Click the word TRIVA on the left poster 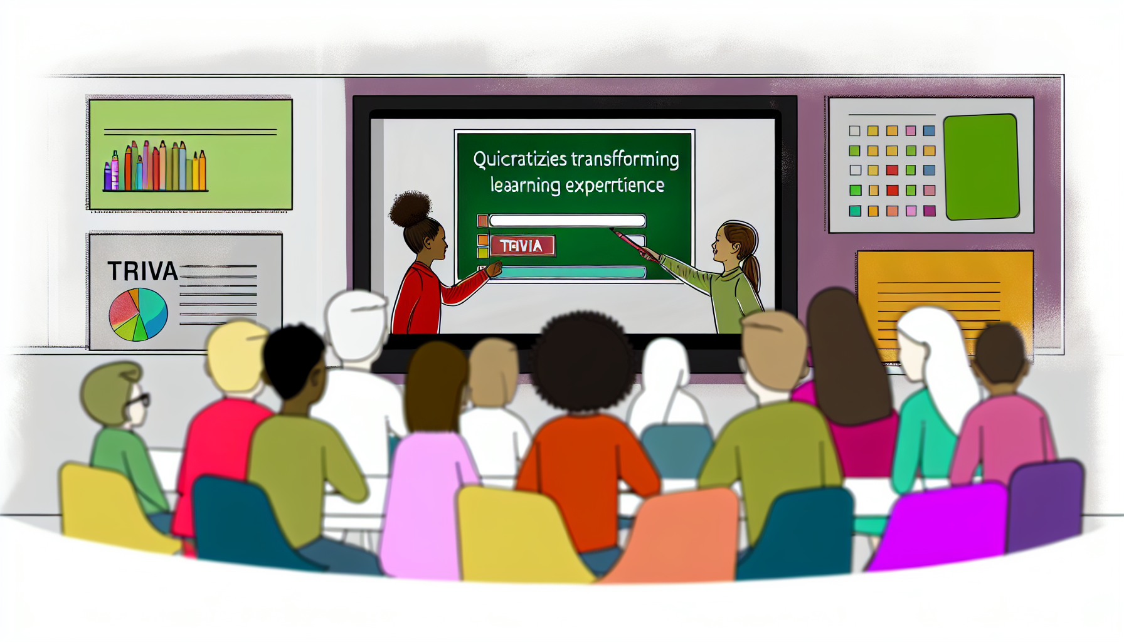(142, 271)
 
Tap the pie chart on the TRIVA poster (139, 314)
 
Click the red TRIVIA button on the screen (522, 246)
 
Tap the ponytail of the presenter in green (753, 270)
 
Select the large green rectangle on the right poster (981, 167)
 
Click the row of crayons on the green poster (156, 167)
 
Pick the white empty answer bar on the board (567, 221)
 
